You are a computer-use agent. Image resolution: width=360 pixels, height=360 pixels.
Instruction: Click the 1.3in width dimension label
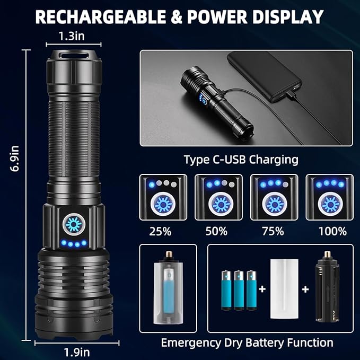[x=72, y=36]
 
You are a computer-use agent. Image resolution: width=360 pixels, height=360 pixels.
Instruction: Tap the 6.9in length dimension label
[x=14, y=159]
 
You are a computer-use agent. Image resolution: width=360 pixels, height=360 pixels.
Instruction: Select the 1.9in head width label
[x=77, y=352]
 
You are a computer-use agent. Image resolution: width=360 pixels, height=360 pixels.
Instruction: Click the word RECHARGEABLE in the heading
[x=100, y=17]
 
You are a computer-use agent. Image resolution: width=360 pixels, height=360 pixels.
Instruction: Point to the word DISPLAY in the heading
[x=288, y=17]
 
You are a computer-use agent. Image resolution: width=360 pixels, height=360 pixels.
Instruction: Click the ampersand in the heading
[x=177, y=17]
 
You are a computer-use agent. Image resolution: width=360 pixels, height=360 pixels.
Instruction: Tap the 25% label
[x=160, y=231]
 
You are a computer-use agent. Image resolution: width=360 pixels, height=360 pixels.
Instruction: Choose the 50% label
[x=216, y=231]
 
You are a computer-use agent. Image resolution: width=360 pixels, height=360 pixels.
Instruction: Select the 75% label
[x=273, y=231]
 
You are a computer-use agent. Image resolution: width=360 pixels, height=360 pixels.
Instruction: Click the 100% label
[x=332, y=231]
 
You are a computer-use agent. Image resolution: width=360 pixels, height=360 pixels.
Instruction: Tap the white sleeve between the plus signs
[x=284, y=289]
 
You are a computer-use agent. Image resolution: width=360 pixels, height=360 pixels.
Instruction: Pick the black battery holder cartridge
[x=327, y=287]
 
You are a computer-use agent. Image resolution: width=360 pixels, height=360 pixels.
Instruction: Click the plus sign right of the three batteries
[x=262, y=289]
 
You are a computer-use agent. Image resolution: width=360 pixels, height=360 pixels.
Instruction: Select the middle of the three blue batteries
[x=239, y=290]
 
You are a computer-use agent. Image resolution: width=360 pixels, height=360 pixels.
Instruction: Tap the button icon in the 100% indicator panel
[x=330, y=204]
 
